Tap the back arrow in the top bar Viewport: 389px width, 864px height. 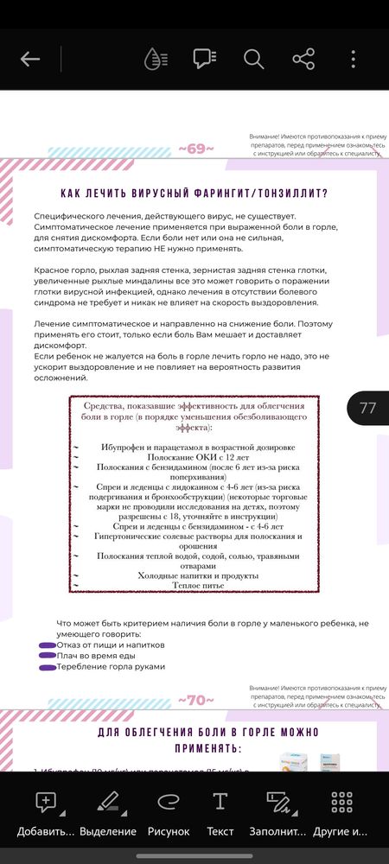coord(30,59)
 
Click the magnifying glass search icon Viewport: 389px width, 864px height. coord(253,59)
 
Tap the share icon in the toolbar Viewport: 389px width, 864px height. coord(303,59)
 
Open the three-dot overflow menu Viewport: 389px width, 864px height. coord(354,59)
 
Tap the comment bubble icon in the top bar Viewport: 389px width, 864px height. coord(204,59)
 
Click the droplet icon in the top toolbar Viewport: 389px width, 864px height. coord(155,59)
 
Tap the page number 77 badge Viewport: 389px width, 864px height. coord(367,409)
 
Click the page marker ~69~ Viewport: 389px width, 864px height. coord(196,149)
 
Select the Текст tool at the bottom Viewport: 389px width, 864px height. coord(220,813)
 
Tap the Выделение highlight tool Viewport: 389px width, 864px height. coord(108,813)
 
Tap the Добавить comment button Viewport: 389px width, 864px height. coord(46,813)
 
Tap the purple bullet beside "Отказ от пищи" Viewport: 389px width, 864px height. coord(48,645)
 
